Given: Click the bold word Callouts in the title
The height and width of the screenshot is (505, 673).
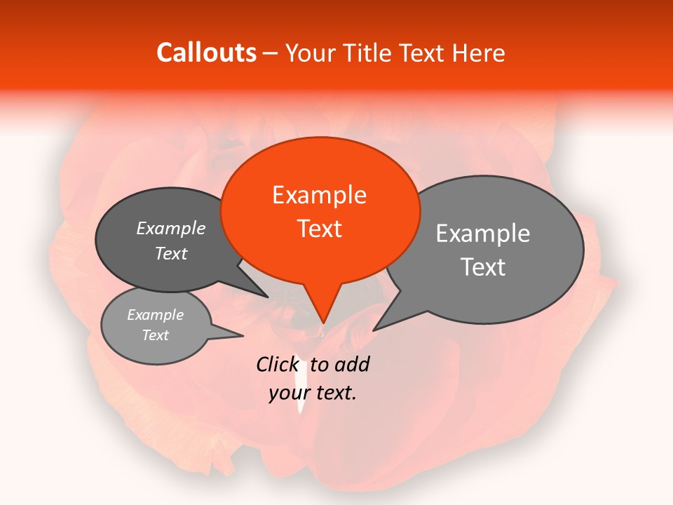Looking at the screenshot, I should [x=206, y=53].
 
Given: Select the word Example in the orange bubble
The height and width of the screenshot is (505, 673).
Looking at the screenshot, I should [x=319, y=195].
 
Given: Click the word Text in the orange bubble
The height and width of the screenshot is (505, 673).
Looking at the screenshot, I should [x=319, y=229].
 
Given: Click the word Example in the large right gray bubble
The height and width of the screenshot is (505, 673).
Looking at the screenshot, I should [x=483, y=234].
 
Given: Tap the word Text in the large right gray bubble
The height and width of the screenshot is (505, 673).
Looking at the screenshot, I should [x=483, y=267].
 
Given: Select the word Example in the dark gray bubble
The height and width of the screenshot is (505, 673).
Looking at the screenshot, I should [x=171, y=229].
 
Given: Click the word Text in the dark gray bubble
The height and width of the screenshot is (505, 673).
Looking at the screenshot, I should [x=171, y=254].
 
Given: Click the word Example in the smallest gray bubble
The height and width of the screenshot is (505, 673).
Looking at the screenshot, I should [x=155, y=315].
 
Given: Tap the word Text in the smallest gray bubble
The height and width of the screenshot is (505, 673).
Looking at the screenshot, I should [x=155, y=335].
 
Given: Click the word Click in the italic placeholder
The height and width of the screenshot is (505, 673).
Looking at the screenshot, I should [x=277, y=364].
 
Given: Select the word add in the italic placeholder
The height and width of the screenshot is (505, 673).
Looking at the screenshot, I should [x=352, y=364].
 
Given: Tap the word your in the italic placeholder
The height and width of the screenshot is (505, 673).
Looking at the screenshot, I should [x=288, y=393].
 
